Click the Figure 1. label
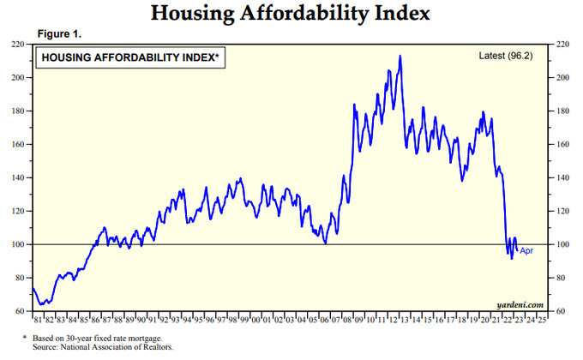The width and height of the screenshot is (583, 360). click(x=59, y=33)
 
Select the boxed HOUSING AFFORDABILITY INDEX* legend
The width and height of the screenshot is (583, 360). click(x=129, y=57)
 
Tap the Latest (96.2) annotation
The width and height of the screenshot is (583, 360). click(x=509, y=56)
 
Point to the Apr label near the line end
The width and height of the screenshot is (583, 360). click(x=527, y=250)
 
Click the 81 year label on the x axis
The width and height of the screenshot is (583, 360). click(x=37, y=321)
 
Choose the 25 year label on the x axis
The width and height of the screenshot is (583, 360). click(x=543, y=321)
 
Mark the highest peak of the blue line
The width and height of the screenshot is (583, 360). click(x=400, y=57)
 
